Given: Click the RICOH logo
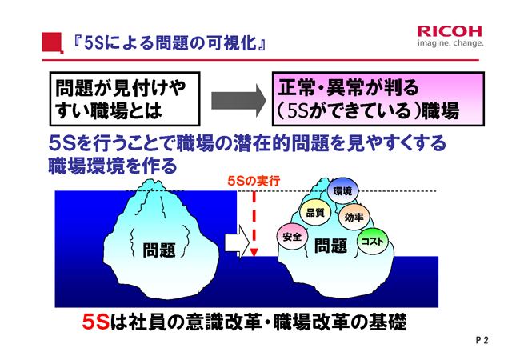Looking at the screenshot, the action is click(x=450, y=31).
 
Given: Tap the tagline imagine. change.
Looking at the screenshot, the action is click(x=450, y=42).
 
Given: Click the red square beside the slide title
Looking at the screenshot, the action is click(x=52, y=42).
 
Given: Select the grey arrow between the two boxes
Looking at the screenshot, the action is click(x=239, y=100).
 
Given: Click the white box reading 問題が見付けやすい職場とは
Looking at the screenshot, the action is click(x=125, y=99).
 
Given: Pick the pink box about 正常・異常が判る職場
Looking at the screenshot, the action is click(x=378, y=99).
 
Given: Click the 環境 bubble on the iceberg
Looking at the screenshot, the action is click(x=342, y=191).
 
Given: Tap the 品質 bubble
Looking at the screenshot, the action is click(x=315, y=212).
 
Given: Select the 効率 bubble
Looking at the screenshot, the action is click(x=354, y=217).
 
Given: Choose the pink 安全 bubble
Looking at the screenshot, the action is click(x=292, y=237).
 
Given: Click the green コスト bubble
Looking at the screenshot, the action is click(x=373, y=242).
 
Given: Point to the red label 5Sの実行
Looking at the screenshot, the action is click(x=254, y=181).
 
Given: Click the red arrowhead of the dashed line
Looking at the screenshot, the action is click(x=254, y=252).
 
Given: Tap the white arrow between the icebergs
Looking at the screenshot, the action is click(x=237, y=242).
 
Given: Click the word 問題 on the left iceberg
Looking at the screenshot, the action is click(x=159, y=250).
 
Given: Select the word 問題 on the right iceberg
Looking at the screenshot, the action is click(x=330, y=246).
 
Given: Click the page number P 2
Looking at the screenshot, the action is click(x=482, y=340).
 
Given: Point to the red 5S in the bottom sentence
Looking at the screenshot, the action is click(x=95, y=322).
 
